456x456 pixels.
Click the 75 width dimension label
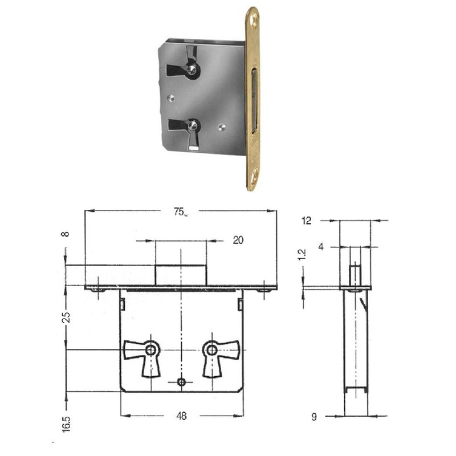point(179,211)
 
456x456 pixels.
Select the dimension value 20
point(238,241)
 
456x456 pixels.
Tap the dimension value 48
point(181,416)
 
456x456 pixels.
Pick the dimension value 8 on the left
point(66,234)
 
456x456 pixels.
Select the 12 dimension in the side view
point(307,221)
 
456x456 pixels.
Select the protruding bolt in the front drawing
point(181,274)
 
